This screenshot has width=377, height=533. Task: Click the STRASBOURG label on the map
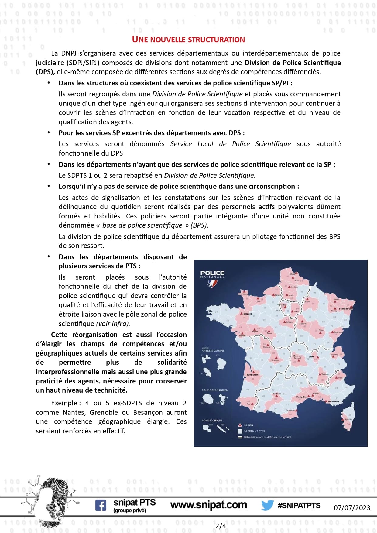[346, 309]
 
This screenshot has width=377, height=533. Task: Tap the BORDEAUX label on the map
[252, 375]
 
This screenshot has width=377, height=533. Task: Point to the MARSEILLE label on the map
[334, 401]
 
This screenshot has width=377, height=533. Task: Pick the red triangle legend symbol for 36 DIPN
[240, 425]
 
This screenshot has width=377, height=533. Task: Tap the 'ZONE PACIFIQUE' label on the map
[212, 421]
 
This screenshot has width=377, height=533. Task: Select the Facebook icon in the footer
[101, 505]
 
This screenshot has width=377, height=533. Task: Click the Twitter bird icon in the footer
[267, 505]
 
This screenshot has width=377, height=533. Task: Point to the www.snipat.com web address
[208, 505]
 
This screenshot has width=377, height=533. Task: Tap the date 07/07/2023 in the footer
[352, 508]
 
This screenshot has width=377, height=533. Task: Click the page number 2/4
[221, 526]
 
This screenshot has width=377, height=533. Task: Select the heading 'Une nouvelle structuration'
[188, 40]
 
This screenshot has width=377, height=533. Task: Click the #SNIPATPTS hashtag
[299, 505]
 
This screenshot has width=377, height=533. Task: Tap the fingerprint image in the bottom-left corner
[50, 501]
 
